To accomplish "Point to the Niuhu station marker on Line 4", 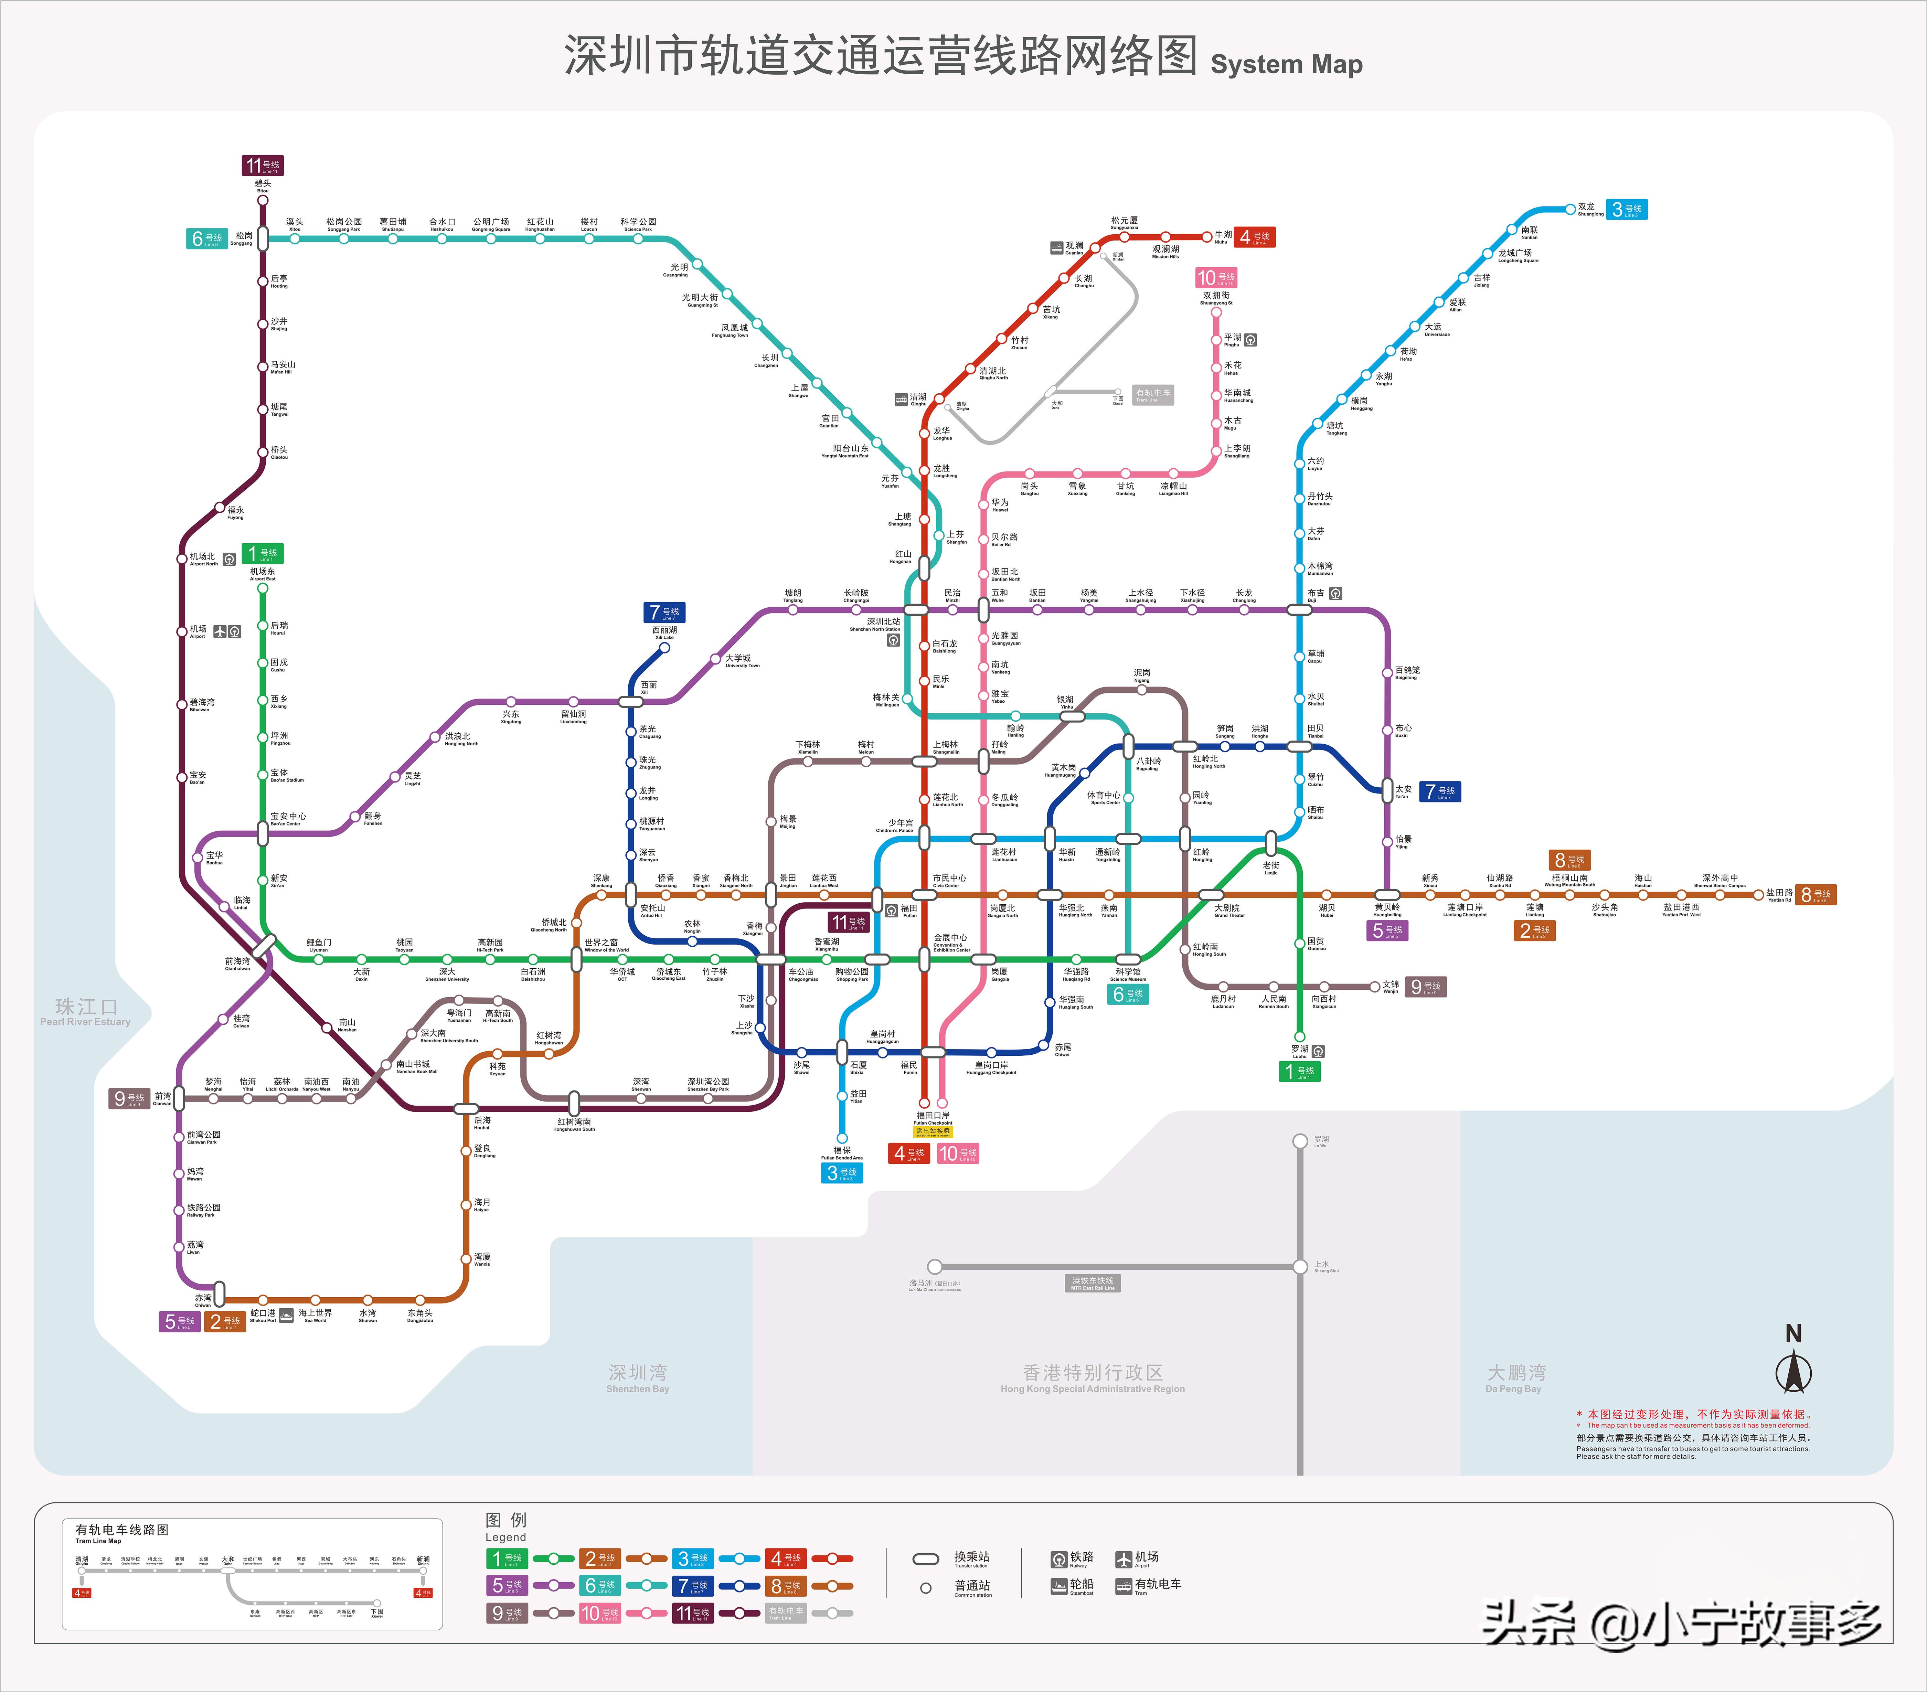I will click(1207, 237).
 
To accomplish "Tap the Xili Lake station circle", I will click(665, 648).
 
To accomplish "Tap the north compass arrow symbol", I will click(1793, 1372).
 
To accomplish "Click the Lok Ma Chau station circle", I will click(934, 1267).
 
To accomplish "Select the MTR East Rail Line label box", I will click(1093, 1283).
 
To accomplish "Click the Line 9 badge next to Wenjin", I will click(1425, 987).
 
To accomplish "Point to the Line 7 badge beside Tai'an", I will click(1440, 792).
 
